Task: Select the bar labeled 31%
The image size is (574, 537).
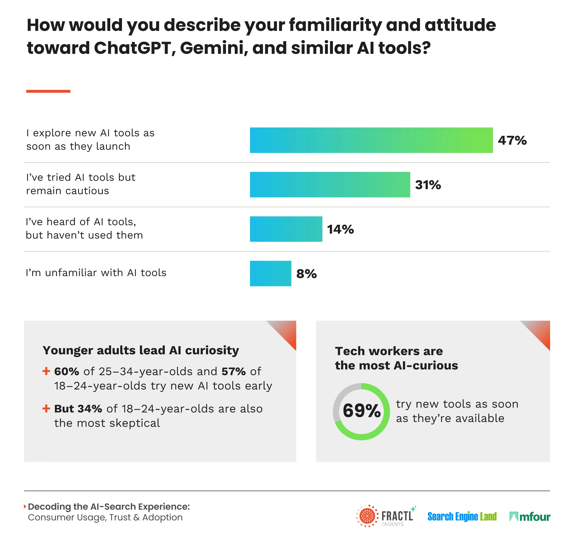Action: click(330, 185)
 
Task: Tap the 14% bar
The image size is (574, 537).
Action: click(286, 229)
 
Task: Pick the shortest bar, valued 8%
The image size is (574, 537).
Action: click(270, 274)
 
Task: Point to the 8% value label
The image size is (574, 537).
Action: click(306, 274)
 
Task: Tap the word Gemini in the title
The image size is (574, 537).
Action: click(214, 48)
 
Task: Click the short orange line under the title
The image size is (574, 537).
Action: click(48, 91)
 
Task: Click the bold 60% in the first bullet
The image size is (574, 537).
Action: click(66, 371)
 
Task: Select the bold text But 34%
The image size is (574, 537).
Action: click(78, 409)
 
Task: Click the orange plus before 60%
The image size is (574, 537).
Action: click(46, 371)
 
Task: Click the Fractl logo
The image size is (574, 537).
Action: click(386, 516)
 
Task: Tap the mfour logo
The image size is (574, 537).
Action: click(530, 516)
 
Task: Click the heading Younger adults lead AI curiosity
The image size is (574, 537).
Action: click(141, 350)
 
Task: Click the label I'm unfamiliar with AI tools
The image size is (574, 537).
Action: click(96, 273)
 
